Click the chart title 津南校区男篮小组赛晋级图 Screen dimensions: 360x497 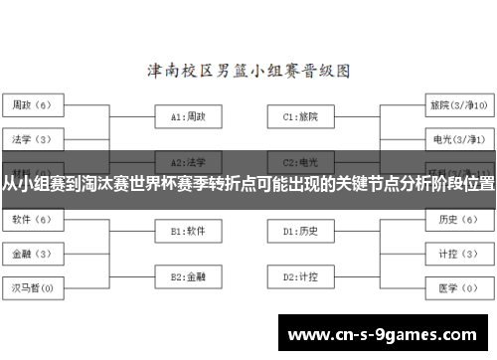click(x=248, y=72)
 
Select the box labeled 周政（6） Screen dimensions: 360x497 click(x=34, y=104)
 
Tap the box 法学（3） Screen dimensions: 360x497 click(x=34, y=139)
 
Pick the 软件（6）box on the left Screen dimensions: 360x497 click(x=34, y=219)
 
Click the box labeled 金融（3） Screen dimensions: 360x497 click(x=34, y=253)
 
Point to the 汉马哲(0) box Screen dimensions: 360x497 click(x=34, y=288)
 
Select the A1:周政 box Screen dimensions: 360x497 click(x=189, y=116)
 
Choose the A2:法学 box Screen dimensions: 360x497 click(x=189, y=160)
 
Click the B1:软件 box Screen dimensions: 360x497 click(x=189, y=231)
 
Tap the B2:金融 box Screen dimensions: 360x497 click(x=189, y=275)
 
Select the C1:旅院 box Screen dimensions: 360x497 click(x=301, y=116)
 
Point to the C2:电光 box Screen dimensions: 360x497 click(x=301, y=160)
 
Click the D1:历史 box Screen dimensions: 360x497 click(x=301, y=231)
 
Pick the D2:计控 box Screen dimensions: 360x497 click(x=301, y=275)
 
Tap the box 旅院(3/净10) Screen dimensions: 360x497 click(x=458, y=104)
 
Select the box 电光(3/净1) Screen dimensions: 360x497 click(x=458, y=139)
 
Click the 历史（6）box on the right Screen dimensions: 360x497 click(x=458, y=219)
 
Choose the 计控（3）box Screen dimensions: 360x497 click(x=458, y=253)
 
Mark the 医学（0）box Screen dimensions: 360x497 click(x=458, y=288)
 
